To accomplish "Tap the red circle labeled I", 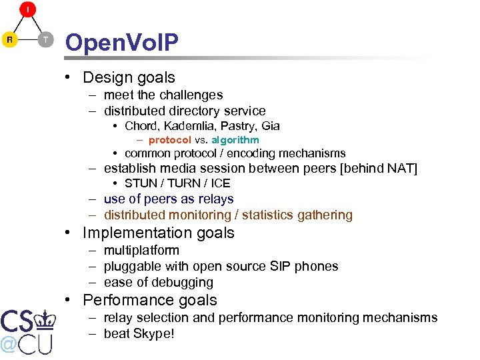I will [28, 9].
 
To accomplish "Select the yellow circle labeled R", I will [9, 40].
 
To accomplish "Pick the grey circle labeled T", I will [45, 40].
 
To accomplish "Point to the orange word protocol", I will [169, 140].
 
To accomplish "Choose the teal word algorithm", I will [235, 140].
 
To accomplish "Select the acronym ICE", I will [220, 183].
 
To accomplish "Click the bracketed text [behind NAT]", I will [378, 168].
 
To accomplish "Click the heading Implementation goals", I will [158, 233].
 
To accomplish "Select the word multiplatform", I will [141, 251].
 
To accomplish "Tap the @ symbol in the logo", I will [9, 345].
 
